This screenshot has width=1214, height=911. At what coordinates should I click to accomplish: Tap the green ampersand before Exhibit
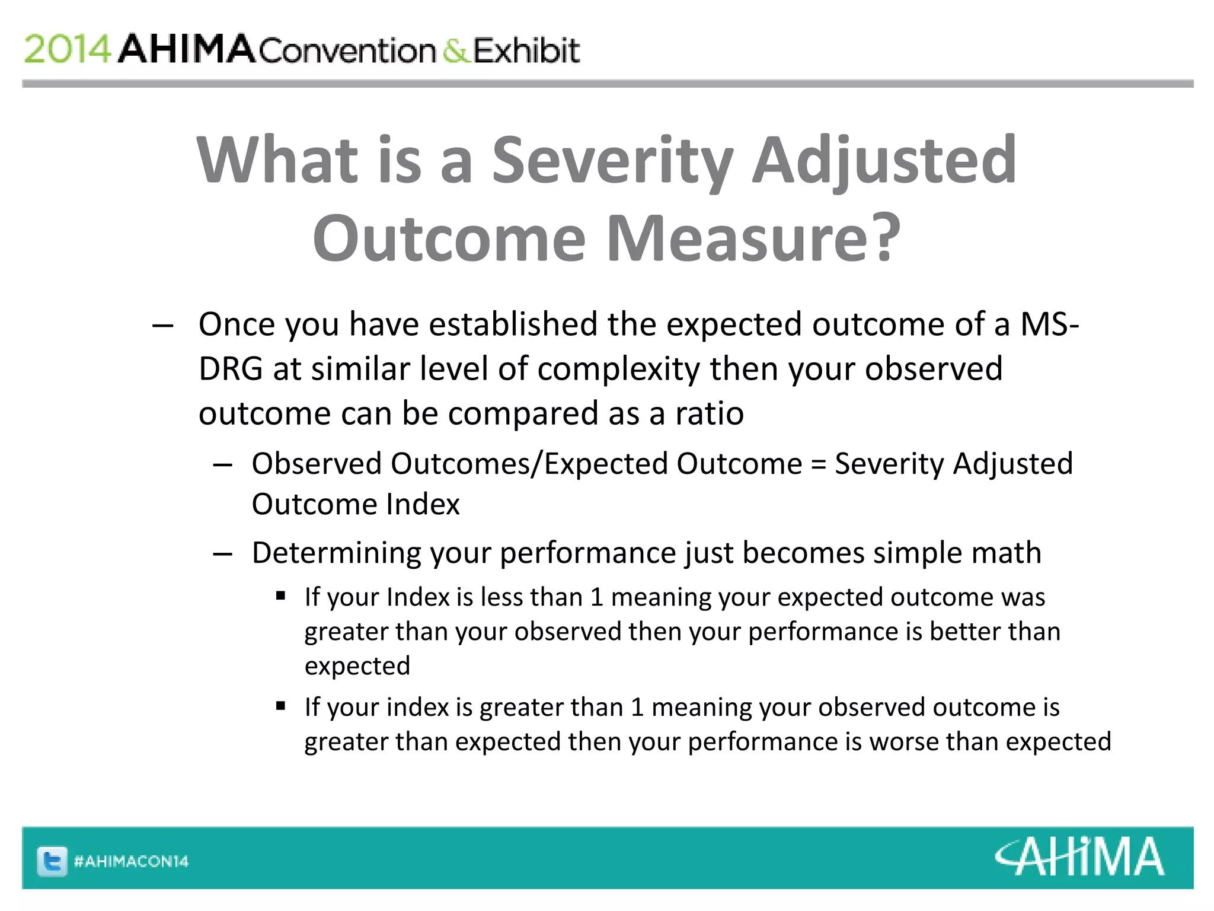tap(455, 50)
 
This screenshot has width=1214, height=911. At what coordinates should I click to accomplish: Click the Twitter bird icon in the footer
tap(52, 861)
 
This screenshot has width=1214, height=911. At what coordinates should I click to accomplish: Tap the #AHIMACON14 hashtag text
tap(131, 861)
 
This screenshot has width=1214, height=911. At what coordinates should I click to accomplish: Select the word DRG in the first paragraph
tap(231, 369)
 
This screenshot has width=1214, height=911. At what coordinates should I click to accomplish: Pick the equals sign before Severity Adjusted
tap(818, 464)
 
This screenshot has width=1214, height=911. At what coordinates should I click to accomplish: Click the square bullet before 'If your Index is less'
tap(281, 595)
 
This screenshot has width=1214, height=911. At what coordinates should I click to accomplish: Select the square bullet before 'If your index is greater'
tap(281, 706)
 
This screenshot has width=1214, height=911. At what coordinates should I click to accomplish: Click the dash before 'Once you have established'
tap(162, 325)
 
